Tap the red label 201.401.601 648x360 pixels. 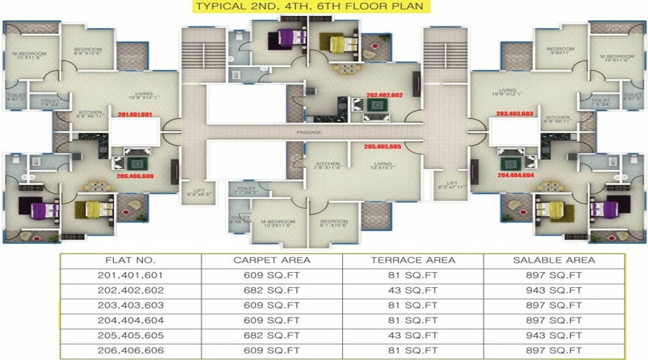pos(135,114)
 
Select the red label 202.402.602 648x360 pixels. pos(384,95)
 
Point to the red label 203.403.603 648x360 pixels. pos(514,114)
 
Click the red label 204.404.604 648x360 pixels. pos(516,174)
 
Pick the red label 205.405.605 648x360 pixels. pos(382,146)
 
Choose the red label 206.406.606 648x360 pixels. pos(134,175)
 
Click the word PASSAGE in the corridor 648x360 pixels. pos(308,133)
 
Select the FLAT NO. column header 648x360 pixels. pos(130,259)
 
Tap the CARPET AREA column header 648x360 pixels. pos(272,259)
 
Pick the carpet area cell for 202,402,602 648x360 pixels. pos(272,291)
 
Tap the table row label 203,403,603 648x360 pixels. pos(130,306)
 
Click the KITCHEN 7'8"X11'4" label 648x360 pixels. pos(327,166)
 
